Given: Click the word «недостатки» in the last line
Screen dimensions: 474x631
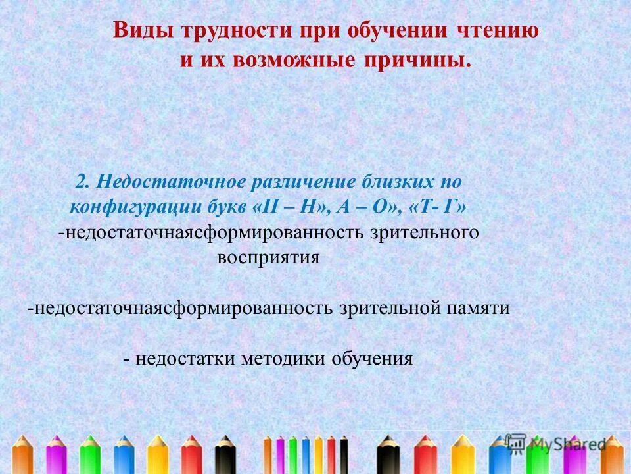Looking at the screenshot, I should click(187, 359).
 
